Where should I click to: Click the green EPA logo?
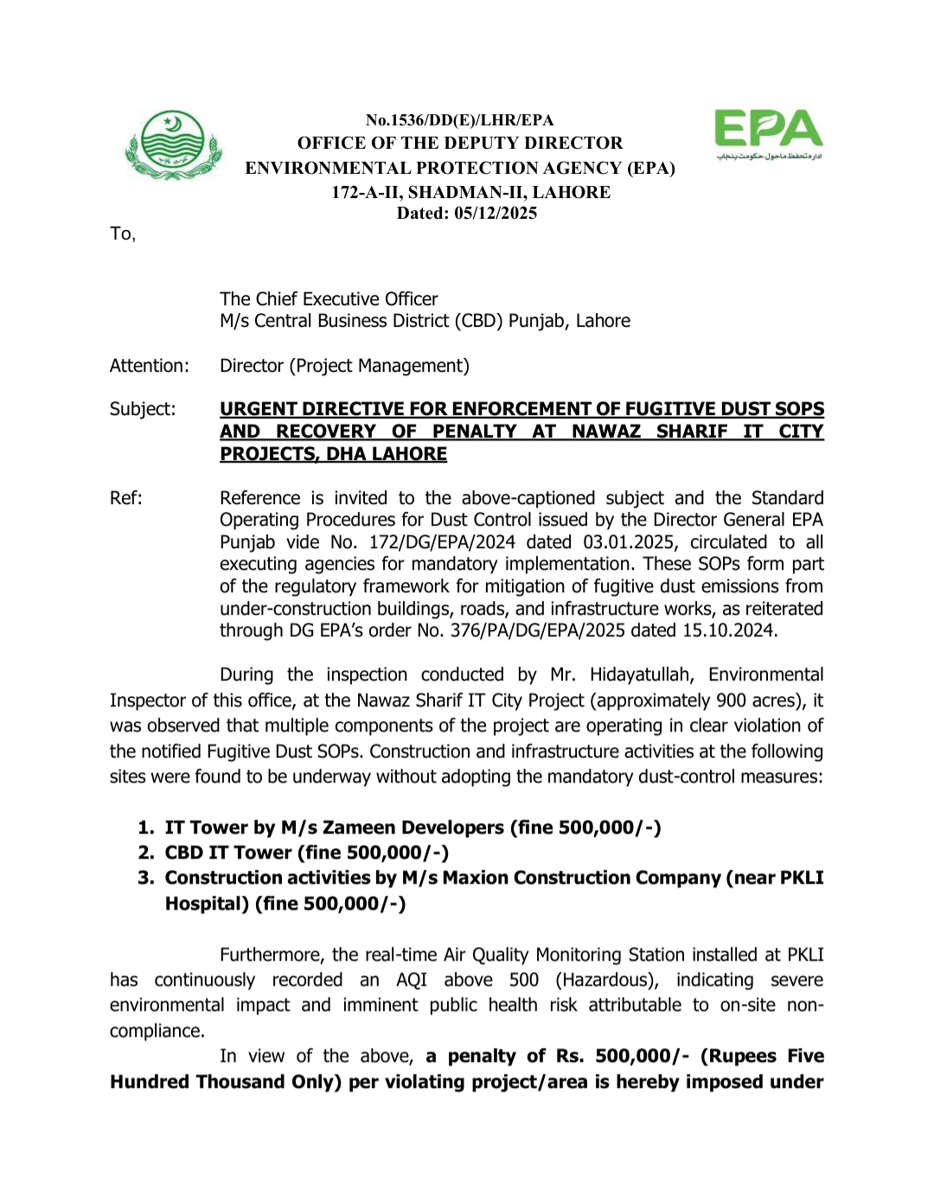pos(768,134)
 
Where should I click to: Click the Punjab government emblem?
pos(173,145)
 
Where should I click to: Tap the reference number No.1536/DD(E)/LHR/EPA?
pos(459,120)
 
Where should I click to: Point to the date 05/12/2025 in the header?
pos(496,214)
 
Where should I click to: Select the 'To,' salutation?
pos(123,233)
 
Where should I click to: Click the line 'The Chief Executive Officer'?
pos(329,299)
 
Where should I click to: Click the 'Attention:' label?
pos(149,366)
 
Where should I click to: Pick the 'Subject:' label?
pos(143,409)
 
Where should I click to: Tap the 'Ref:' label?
pos(126,498)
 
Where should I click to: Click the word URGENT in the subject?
pos(259,409)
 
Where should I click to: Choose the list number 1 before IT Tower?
pos(145,827)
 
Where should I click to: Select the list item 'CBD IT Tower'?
pos(228,853)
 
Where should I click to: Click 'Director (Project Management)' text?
pos(344,366)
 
